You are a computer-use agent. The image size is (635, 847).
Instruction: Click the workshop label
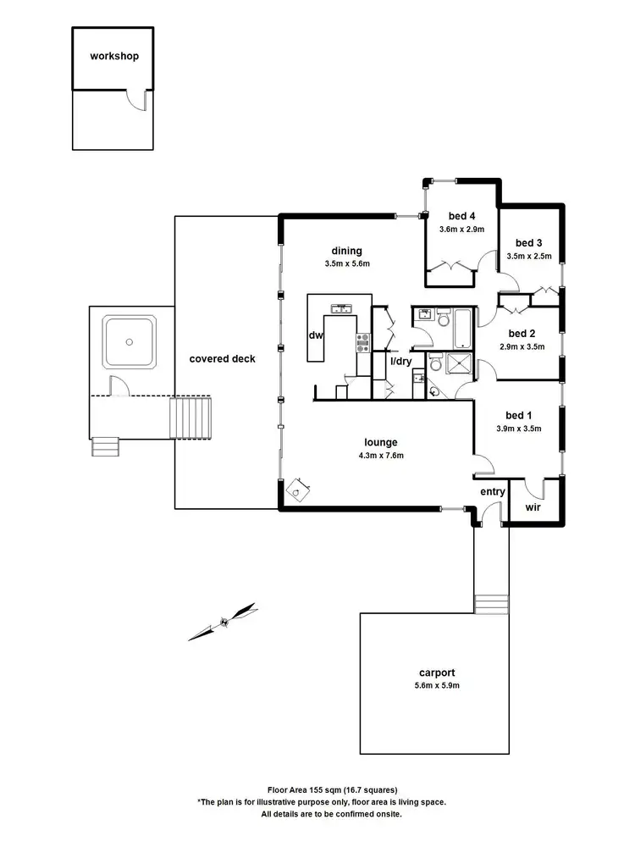pos(114,57)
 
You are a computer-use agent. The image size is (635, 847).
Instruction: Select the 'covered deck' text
pos(222,359)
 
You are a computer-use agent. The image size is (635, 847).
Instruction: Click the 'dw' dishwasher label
pos(316,335)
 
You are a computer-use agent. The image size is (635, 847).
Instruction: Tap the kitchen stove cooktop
pos(362,342)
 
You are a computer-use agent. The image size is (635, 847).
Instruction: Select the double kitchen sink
pos(342,308)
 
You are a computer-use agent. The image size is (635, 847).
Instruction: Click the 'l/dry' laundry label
pos(400,362)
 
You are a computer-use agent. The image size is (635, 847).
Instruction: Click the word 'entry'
pos(493,491)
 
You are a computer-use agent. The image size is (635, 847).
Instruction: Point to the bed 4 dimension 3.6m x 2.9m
pos(461,230)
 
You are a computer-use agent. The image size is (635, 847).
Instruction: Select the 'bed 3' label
pos(528,241)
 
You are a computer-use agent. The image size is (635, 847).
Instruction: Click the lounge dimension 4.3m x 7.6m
pos(381,456)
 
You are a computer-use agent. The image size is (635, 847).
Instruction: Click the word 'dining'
pos(347,251)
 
